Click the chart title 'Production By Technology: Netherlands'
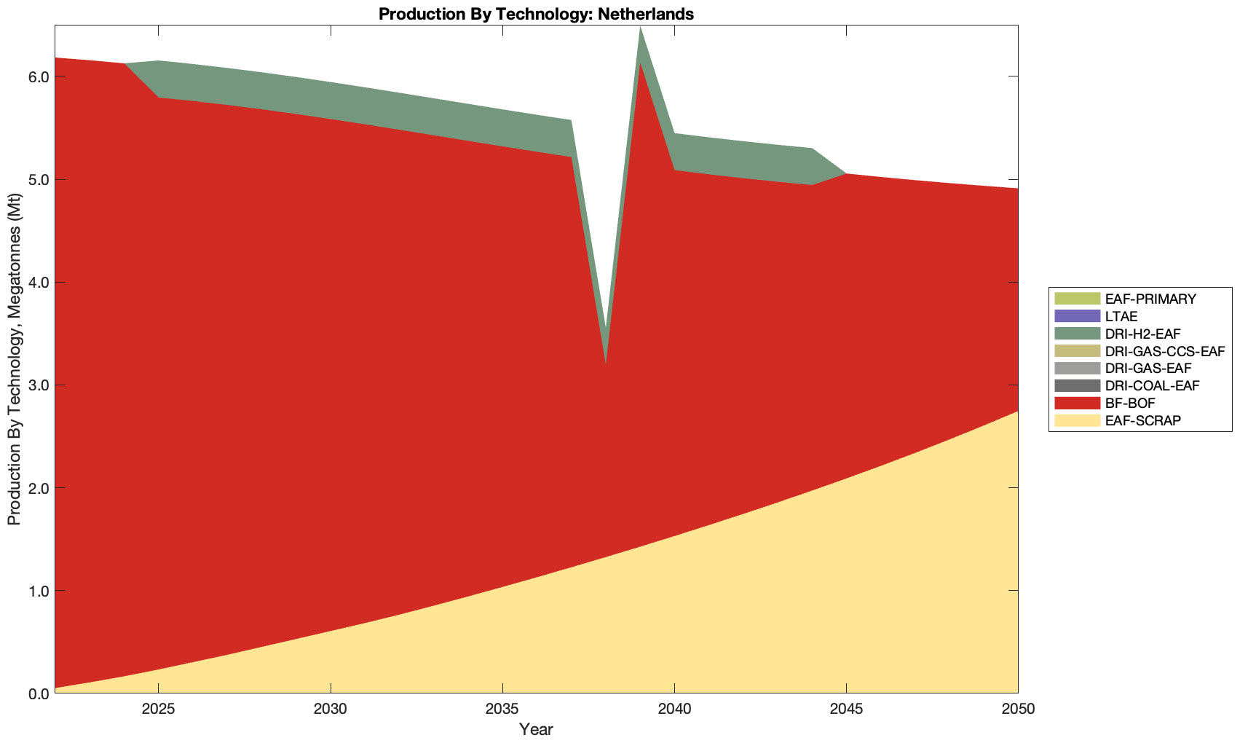(x=536, y=13)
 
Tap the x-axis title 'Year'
(x=536, y=729)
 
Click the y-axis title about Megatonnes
(x=14, y=359)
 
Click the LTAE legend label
(x=1121, y=316)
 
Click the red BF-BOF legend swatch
(x=1076, y=404)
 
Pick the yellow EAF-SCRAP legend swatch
(x=1076, y=421)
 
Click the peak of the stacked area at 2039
(x=640, y=28)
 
